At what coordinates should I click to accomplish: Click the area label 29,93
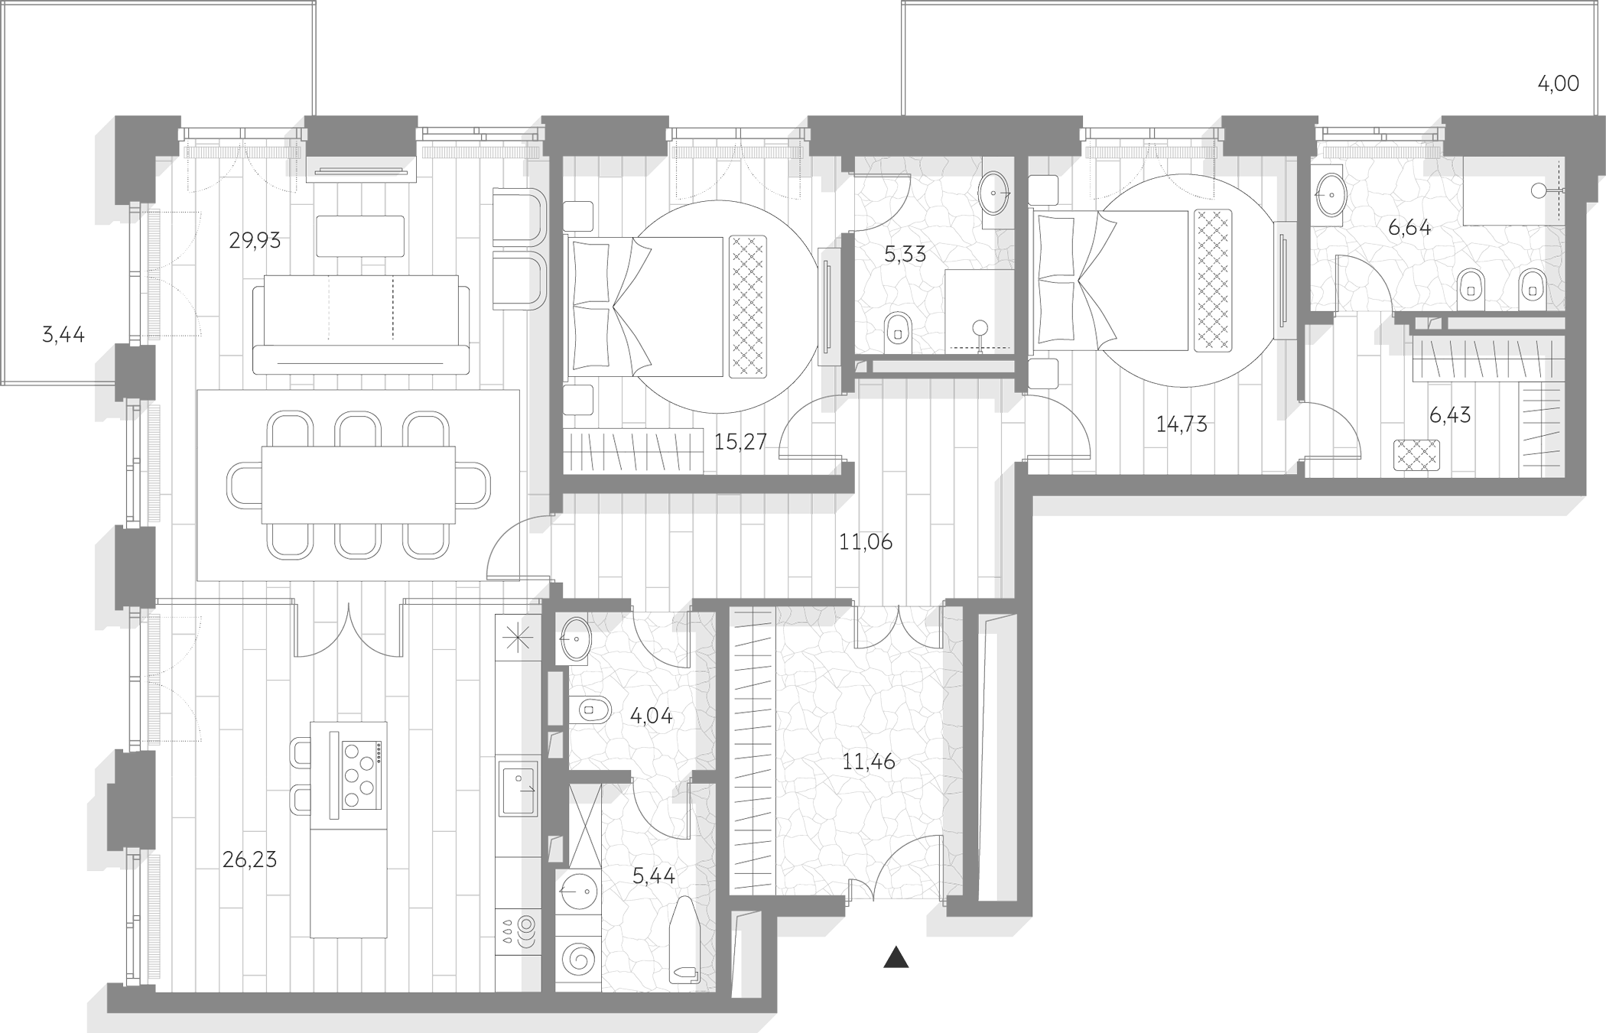click(255, 242)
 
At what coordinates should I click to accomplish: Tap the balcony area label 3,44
click(63, 335)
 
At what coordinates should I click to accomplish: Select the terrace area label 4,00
click(1559, 84)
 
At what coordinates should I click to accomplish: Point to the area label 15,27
click(740, 441)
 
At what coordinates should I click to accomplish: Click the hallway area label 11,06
click(866, 542)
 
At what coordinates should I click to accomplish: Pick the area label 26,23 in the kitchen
click(249, 860)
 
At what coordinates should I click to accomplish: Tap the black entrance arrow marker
click(896, 958)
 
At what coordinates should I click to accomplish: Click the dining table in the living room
click(358, 485)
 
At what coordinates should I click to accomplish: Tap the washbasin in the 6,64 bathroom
click(1331, 195)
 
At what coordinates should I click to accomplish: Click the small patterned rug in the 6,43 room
click(1416, 455)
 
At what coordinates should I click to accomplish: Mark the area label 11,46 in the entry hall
click(869, 762)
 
